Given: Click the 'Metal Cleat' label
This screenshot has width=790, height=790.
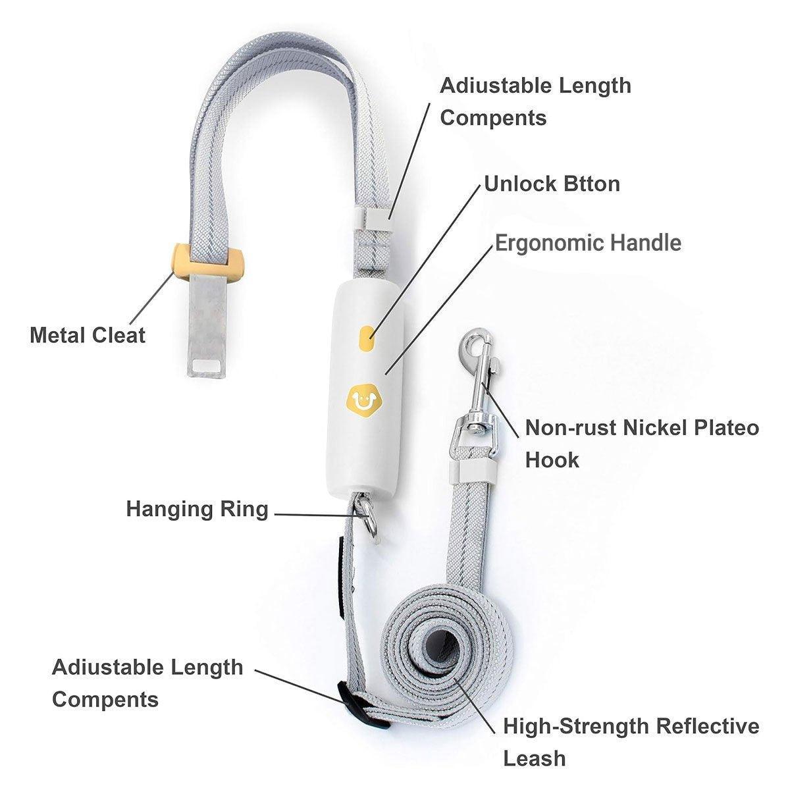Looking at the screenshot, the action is tap(88, 335).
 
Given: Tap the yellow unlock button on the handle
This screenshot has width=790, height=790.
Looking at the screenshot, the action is tap(368, 338).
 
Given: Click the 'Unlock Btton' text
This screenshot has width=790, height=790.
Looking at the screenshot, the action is tap(552, 184).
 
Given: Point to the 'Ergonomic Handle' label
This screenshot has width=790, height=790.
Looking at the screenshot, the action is tap(589, 243).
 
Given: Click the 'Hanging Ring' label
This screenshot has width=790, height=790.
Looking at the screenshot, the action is tap(197, 510).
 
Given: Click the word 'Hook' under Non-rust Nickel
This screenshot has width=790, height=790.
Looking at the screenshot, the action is tap(552, 460).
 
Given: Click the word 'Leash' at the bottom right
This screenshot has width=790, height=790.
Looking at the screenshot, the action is tap(534, 758).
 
